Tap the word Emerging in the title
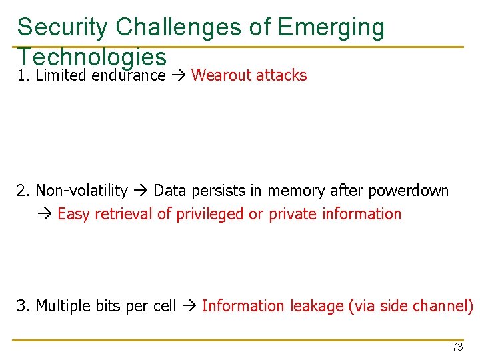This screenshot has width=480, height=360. coord(331,27)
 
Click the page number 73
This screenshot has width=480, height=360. coord(457,347)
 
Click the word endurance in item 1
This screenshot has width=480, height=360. coord(129,75)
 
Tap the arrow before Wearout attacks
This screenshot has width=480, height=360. coord(178,75)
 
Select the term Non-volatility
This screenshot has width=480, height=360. coord(81,191)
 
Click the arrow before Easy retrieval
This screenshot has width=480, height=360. coord(45,214)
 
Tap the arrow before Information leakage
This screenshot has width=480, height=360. coord(189,306)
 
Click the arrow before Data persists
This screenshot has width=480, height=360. coord(141,191)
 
